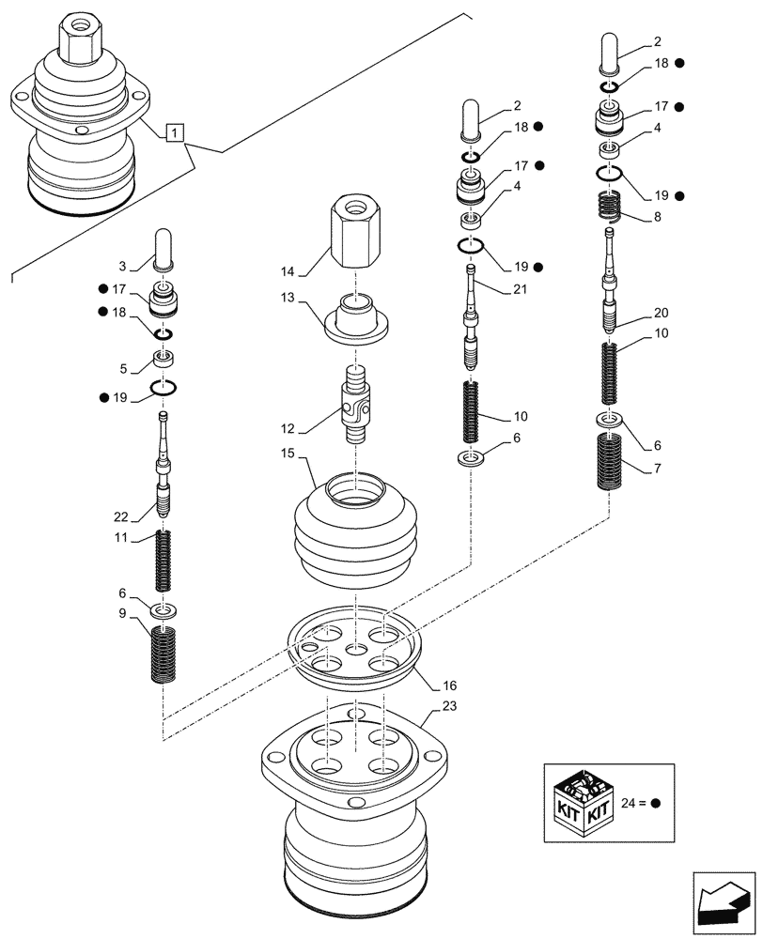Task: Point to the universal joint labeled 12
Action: pyautogui.click(x=357, y=405)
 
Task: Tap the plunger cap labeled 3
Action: pyautogui.click(x=163, y=251)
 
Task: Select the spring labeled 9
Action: pyautogui.click(x=164, y=654)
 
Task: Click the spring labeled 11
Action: pyautogui.click(x=164, y=561)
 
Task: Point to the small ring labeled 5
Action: pyautogui.click(x=164, y=358)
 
